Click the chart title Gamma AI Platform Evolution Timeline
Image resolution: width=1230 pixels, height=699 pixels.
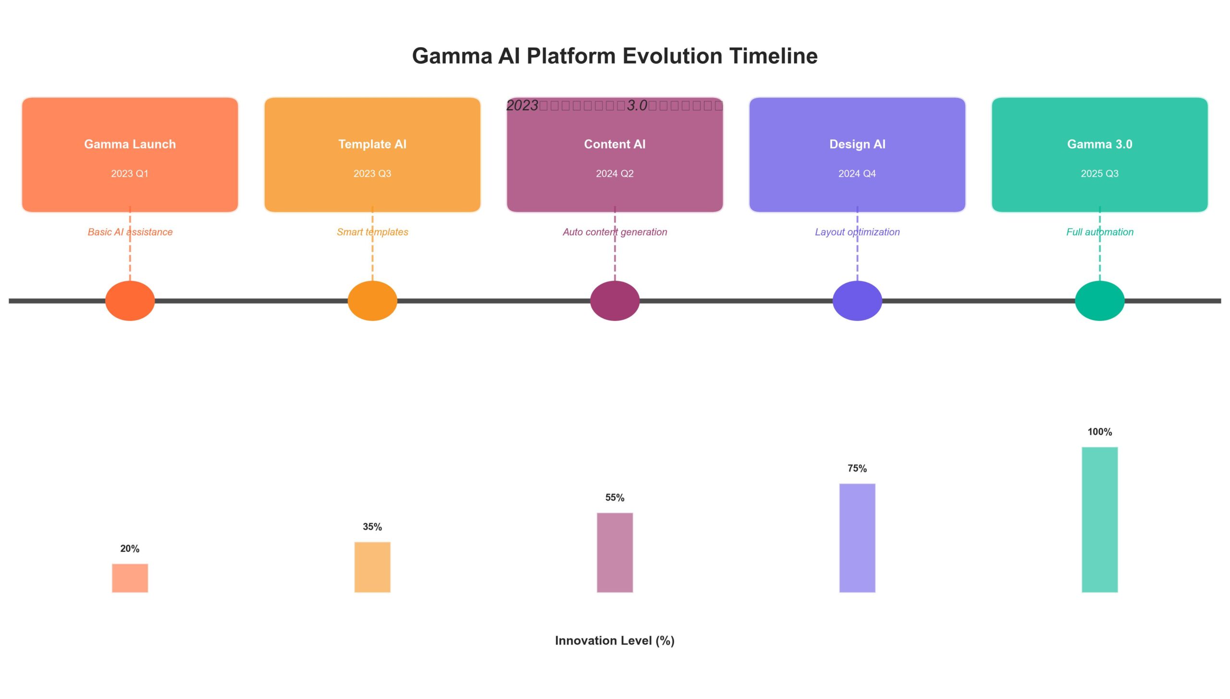tap(615, 56)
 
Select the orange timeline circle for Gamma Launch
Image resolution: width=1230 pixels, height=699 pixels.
tap(130, 301)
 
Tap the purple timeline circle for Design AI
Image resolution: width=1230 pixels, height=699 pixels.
tap(857, 301)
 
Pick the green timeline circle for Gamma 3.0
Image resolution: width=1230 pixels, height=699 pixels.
tap(1099, 301)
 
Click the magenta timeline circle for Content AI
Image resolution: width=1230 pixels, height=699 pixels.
tap(615, 301)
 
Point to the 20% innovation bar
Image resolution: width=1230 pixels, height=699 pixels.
tap(130, 578)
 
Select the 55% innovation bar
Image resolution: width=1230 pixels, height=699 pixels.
tap(615, 552)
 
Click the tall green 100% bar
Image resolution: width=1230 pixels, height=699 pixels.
tap(1099, 519)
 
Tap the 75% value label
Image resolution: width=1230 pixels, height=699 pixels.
tap(857, 468)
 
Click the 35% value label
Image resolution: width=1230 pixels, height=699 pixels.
tap(372, 527)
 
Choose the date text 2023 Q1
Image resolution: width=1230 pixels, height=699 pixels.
tap(130, 173)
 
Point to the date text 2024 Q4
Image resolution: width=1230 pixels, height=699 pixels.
tap(857, 173)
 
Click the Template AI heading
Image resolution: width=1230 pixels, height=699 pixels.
tap(372, 144)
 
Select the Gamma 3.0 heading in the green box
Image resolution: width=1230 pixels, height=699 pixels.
tap(1099, 144)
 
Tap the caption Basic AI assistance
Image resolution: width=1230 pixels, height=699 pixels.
tap(130, 232)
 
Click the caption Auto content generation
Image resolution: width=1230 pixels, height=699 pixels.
tap(615, 232)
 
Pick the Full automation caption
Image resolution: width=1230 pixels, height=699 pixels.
tap(1099, 232)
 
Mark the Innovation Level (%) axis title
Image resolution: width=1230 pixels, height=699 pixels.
tap(615, 640)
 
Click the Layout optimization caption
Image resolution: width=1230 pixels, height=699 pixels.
tap(857, 232)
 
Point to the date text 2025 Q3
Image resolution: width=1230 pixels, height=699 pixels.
tap(1099, 173)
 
